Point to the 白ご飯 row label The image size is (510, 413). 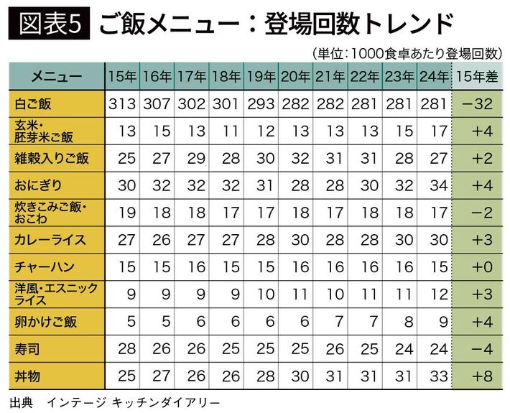pos(34,104)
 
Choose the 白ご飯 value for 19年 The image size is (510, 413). pos(261,104)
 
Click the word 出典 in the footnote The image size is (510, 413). pos(22,401)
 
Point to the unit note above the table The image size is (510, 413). pos(407,52)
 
